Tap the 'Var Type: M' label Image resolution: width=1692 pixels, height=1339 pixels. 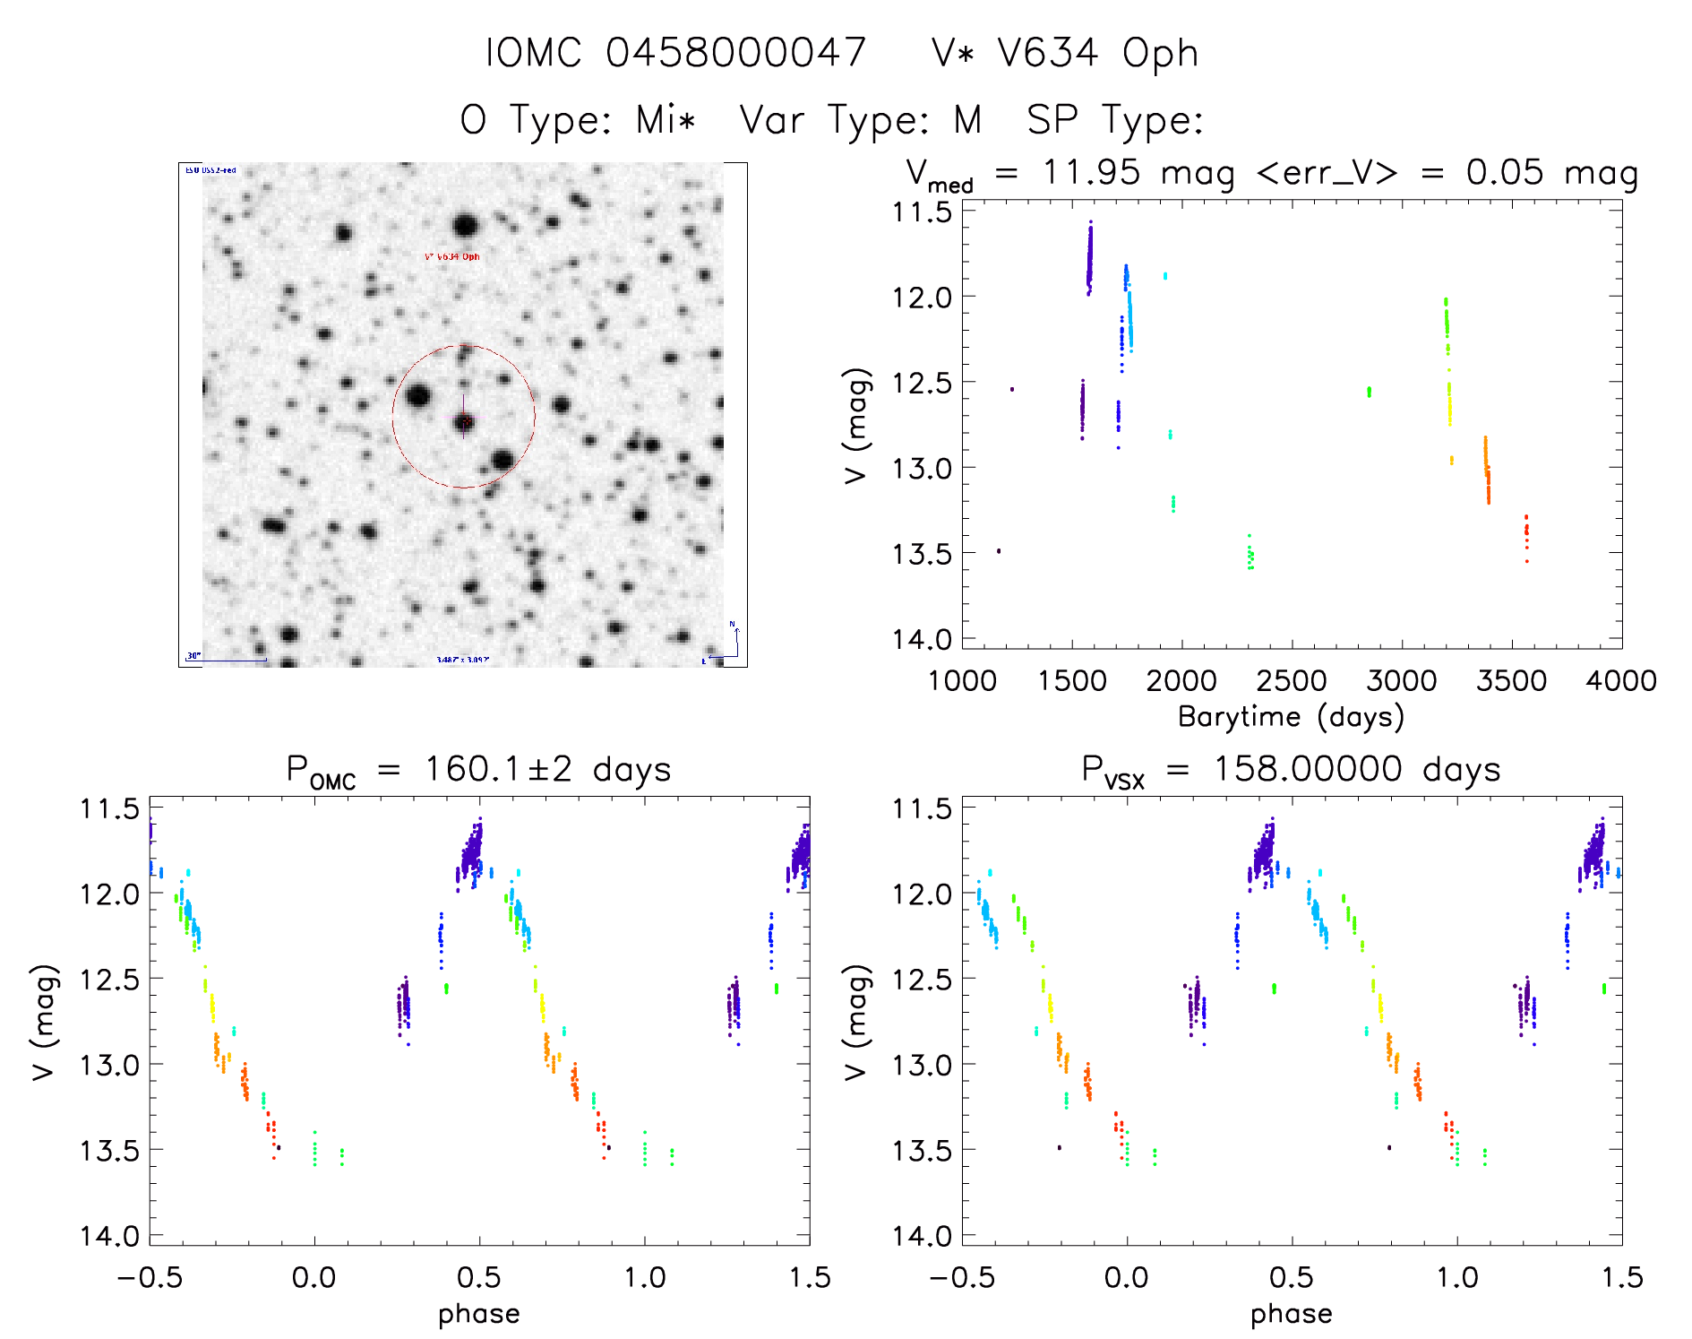(x=860, y=120)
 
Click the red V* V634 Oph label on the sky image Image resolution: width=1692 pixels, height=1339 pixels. (x=452, y=257)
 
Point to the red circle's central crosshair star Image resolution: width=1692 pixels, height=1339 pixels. (x=463, y=420)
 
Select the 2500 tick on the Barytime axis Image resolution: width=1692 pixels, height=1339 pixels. (x=1292, y=680)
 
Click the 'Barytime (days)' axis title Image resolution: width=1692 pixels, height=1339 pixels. (x=1291, y=717)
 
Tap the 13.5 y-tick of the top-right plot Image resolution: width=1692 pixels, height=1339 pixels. (x=921, y=554)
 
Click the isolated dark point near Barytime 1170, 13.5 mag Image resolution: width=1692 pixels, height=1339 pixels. (x=999, y=550)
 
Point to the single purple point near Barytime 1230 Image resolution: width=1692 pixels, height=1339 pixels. (x=1012, y=389)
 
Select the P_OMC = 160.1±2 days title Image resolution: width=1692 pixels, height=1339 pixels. (x=478, y=770)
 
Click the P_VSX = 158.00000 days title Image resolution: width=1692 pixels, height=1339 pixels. (x=1291, y=770)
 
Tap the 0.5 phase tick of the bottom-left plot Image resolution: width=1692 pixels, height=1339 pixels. (x=479, y=1277)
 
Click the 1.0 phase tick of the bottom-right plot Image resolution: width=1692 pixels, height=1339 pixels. (x=1457, y=1277)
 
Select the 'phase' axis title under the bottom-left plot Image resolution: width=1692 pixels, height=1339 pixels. (x=478, y=1314)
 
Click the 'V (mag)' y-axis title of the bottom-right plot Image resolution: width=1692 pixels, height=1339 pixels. (x=856, y=1022)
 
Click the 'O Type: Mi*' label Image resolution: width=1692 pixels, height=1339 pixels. (x=578, y=120)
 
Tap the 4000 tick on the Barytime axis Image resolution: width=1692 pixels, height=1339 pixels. (x=1621, y=680)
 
